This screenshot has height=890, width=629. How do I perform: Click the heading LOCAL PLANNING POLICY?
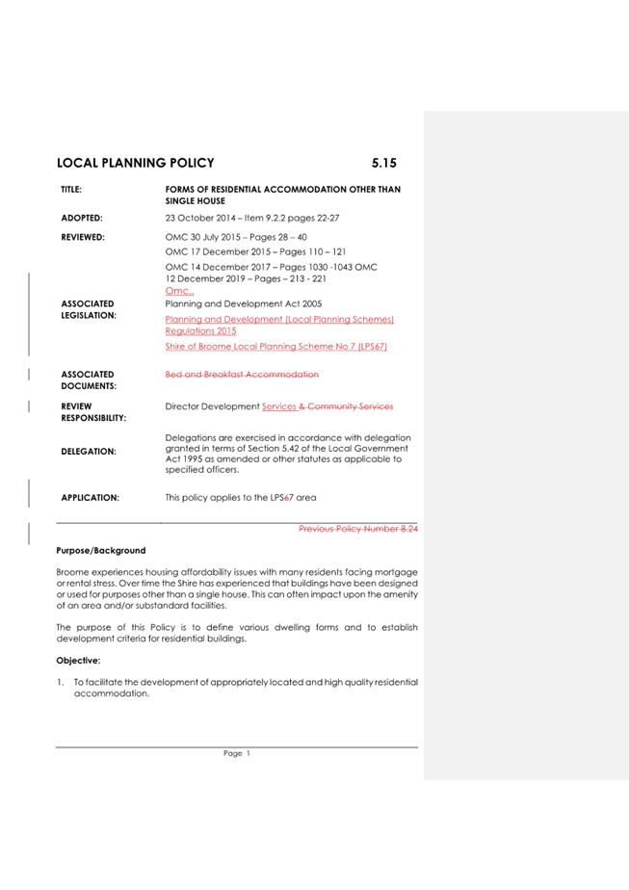[136, 163]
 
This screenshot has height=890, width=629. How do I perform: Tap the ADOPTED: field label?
[82, 219]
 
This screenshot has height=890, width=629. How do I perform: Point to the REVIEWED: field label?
[83, 236]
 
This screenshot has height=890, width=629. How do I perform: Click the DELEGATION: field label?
[88, 451]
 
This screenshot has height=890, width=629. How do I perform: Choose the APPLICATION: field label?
[90, 498]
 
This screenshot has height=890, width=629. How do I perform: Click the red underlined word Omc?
[179, 291]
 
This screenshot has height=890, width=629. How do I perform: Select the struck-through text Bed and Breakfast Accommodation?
[242, 374]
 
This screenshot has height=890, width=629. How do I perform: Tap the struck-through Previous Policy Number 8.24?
[358, 529]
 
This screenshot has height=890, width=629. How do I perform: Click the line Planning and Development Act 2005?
[244, 303]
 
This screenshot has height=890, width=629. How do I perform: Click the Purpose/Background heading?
[101, 551]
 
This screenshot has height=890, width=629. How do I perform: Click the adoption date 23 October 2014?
[206, 219]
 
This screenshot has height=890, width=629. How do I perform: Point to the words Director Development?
[212, 406]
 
